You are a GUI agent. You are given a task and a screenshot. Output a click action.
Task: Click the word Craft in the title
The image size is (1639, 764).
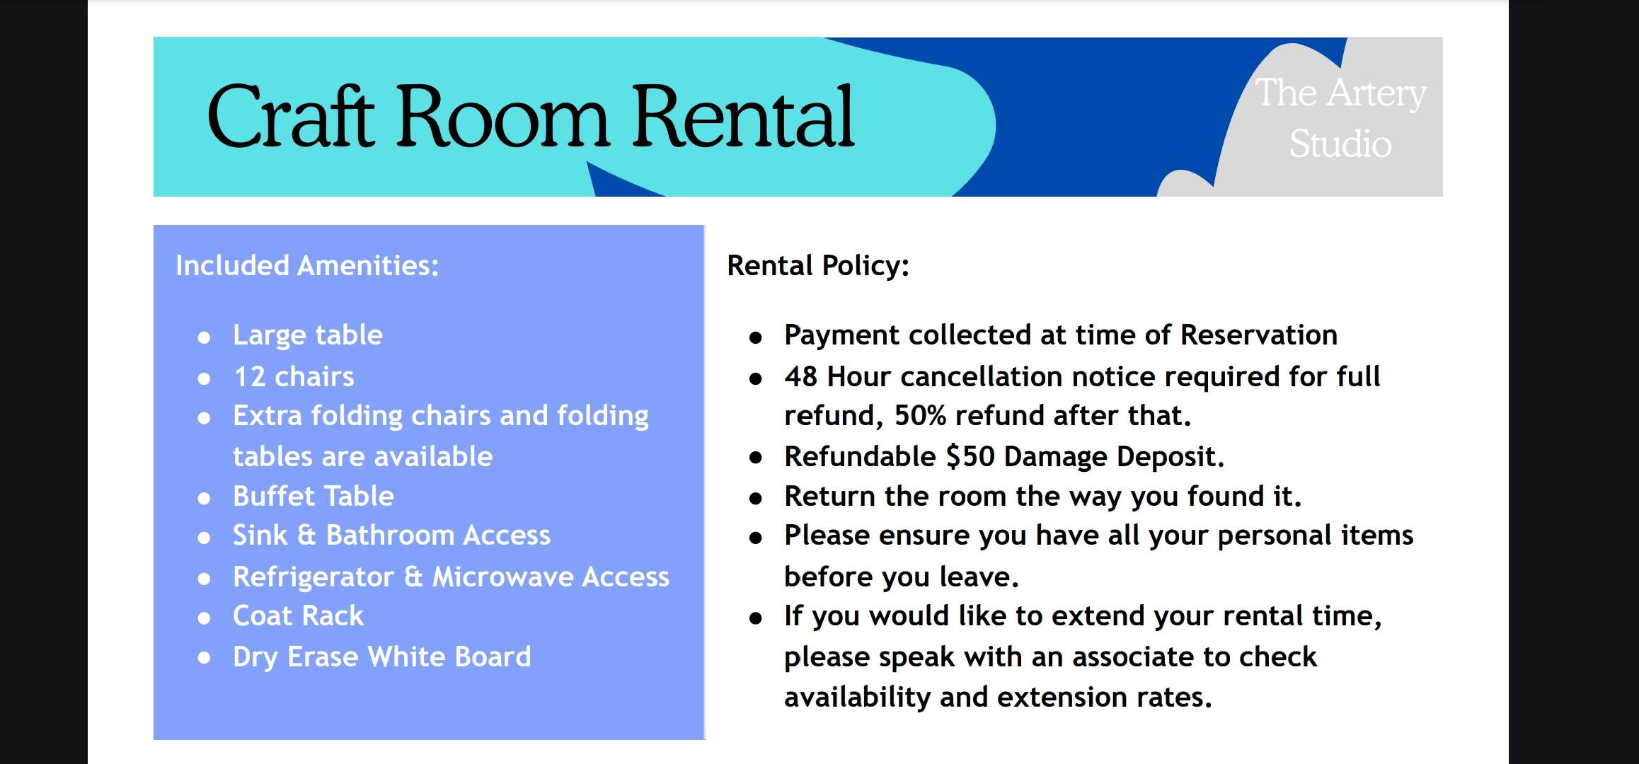click(x=291, y=116)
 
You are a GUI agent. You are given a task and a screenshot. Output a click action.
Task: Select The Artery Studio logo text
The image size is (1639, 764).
click(x=1340, y=118)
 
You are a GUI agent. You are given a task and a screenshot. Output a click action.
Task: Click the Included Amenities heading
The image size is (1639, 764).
click(x=307, y=265)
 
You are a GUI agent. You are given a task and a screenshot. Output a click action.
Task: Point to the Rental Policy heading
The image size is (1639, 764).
click(x=818, y=266)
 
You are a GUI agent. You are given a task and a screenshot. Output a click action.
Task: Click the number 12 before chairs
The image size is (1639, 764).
click(x=249, y=377)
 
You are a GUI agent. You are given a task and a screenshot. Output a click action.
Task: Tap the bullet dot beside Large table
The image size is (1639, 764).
click(x=204, y=338)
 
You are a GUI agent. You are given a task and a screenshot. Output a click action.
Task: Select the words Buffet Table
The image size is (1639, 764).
click(x=314, y=497)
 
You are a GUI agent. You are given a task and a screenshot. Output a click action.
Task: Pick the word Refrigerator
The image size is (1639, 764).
click(x=314, y=577)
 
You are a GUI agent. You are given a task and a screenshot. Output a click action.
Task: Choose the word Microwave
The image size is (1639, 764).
click(x=504, y=577)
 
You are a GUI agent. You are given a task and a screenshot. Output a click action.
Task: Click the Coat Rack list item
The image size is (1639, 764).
click(x=298, y=616)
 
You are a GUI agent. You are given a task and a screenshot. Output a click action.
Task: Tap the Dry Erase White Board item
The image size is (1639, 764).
click(x=382, y=657)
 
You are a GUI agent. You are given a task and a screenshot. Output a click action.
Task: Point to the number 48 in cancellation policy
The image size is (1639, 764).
click(x=801, y=377)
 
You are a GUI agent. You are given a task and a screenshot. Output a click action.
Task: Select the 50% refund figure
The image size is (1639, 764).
click(x=921, y=416)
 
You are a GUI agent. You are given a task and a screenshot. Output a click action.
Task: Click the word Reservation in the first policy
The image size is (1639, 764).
click(x=1259, y=335)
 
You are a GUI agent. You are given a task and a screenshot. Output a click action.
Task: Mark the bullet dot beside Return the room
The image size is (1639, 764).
click(x=756, y=499)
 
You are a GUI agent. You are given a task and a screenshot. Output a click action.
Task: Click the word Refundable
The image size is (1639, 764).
click(x=860, y=457)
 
